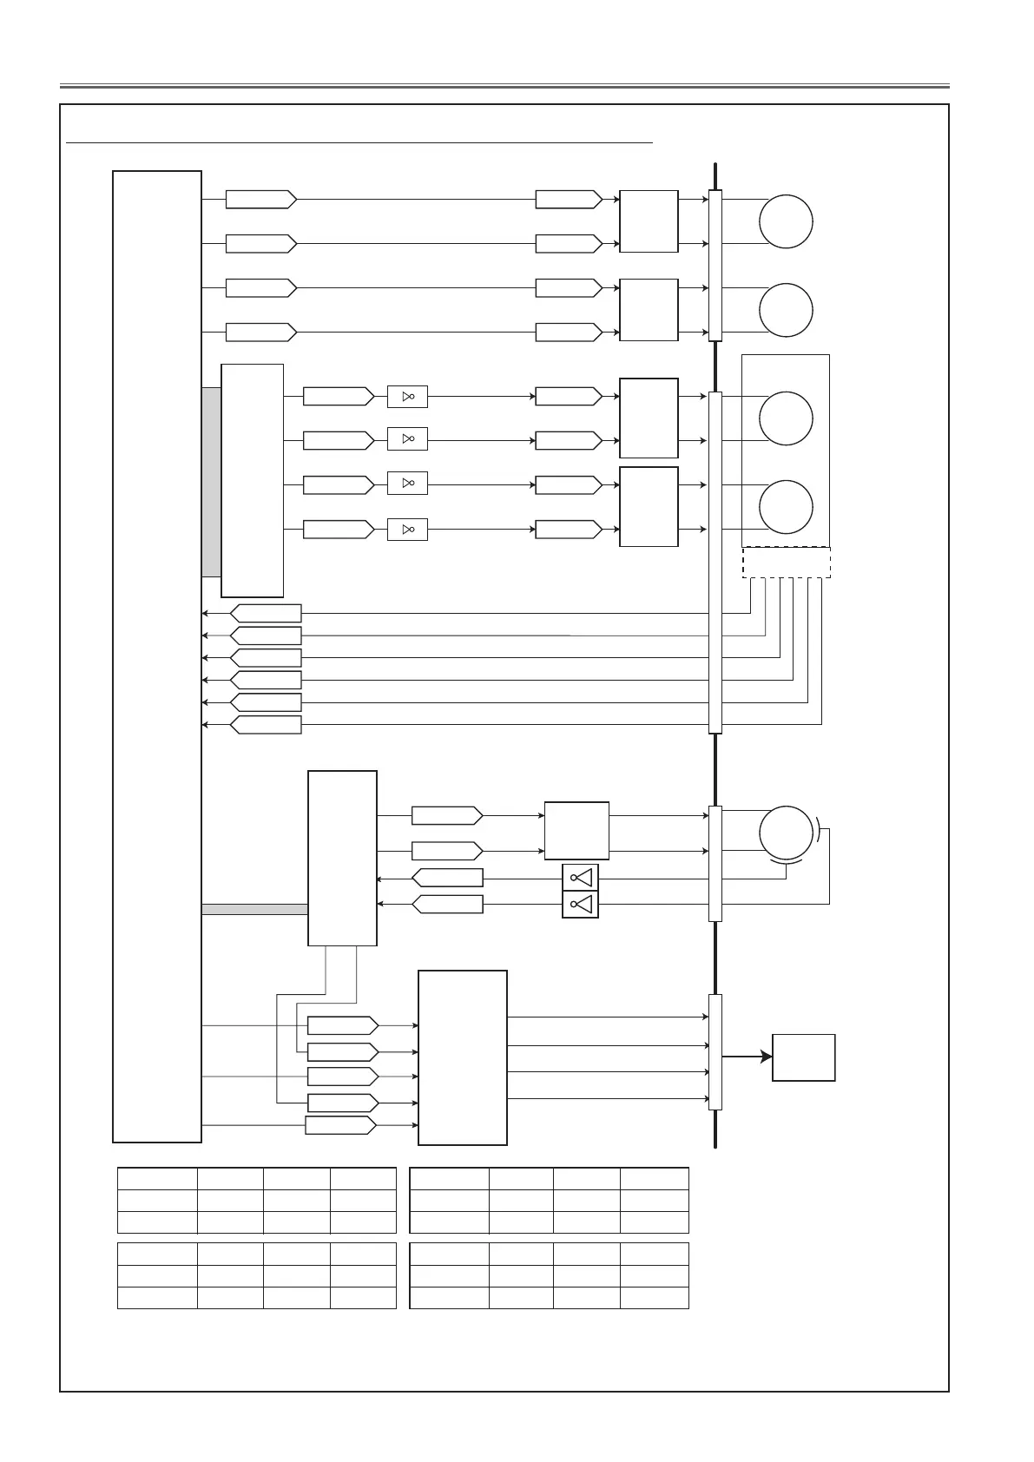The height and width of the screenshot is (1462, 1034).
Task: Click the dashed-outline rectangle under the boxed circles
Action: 787,563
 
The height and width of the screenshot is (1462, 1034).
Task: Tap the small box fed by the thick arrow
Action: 804,1057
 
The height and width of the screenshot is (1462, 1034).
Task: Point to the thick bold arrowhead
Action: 766,1057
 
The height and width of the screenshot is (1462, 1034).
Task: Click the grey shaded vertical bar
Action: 211,482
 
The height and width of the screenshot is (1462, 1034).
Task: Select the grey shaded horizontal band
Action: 254,909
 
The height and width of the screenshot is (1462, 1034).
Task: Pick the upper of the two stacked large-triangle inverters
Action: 580,878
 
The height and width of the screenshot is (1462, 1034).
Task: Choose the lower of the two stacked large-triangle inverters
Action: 580,905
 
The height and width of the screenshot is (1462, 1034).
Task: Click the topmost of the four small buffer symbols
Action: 407,397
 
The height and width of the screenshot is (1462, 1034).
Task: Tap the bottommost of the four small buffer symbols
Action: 407,529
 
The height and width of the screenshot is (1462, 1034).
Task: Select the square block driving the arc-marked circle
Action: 576,831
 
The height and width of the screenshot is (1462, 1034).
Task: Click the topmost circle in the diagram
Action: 786,221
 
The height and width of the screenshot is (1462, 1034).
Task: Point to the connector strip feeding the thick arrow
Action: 715,1051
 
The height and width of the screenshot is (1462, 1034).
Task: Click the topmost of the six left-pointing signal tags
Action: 266,613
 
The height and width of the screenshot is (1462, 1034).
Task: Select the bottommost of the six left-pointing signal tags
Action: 266,725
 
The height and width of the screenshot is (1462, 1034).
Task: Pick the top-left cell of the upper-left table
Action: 157,1178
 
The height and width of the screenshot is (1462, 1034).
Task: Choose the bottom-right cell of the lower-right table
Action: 655,1297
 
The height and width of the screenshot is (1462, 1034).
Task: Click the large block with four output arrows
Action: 463,1057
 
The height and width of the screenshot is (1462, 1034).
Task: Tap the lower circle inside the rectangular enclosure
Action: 786,507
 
